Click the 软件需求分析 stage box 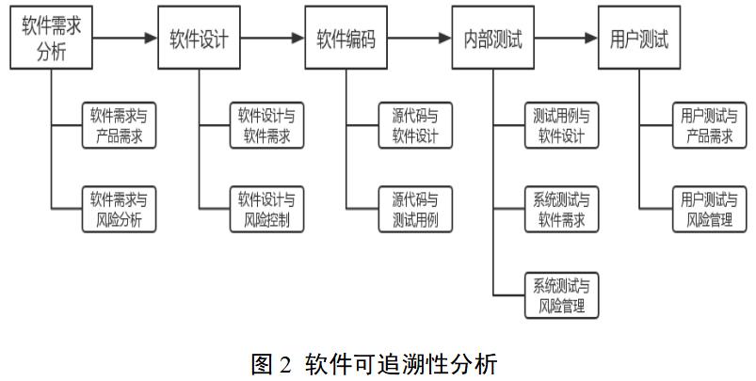click(x=52, y=38)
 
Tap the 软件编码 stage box click(x=346, y=39)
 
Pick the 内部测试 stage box click(x=492, y=39)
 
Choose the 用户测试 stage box click(x=639, y=39)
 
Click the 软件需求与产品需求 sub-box click(x=118, y=126)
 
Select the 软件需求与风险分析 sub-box click(x=118, y=209)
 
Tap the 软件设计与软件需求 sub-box click(x=265, y=126)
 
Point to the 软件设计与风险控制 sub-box click(x=265, y=209)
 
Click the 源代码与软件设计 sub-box click(x=414, y=126)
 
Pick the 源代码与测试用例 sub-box click(x=414, y=209)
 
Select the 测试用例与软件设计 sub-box click(x=561, y=126)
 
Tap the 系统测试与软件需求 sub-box click(x=561, y=209)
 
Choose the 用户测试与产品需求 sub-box click(x=708, y=126)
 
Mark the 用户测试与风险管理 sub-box click(x=708, y=209)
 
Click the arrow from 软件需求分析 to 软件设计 click(x=125, y=39)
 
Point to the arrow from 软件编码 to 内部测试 click(x=419, y=39)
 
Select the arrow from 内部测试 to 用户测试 click(x=566, y=39)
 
